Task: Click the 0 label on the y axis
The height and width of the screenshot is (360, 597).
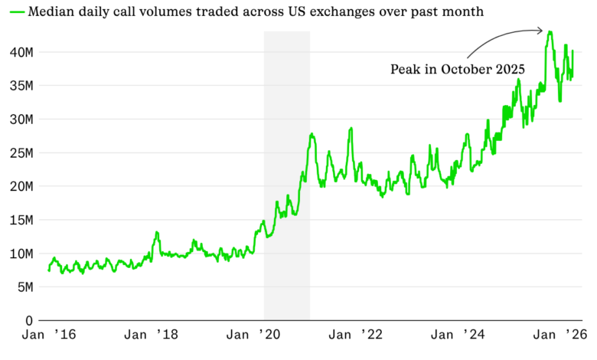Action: coord(30,321)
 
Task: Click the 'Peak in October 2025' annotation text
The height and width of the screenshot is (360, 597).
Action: coord(457,69)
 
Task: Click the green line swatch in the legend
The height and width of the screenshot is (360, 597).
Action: coord(15,12)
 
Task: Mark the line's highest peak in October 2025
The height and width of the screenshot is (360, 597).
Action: coord(550,32)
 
